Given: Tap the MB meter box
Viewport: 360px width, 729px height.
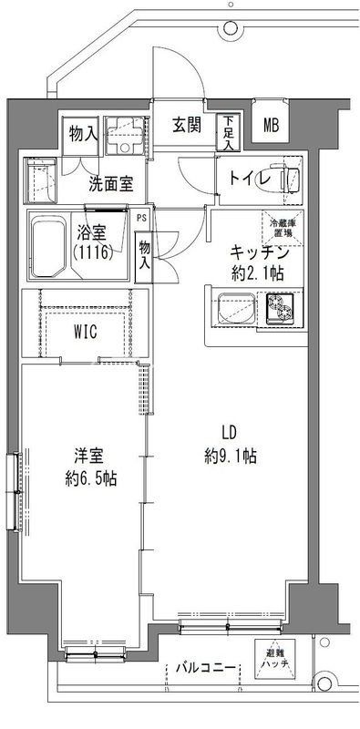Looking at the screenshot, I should [x=272, y=127].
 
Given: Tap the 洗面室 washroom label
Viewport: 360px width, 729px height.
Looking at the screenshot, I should [x=111, y=183].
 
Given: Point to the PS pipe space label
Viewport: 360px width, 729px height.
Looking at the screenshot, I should [x=141, y=219].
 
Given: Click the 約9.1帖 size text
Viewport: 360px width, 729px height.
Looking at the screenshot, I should [x=231, y=456].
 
